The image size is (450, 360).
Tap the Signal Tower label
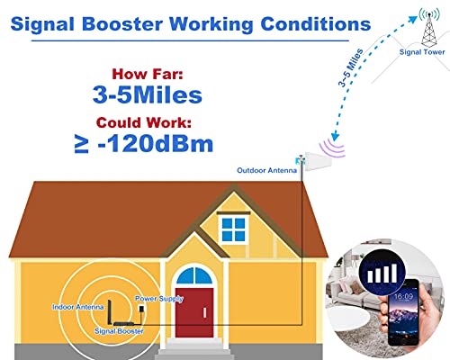[421, 52]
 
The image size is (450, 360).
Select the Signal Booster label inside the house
[118, 330]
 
